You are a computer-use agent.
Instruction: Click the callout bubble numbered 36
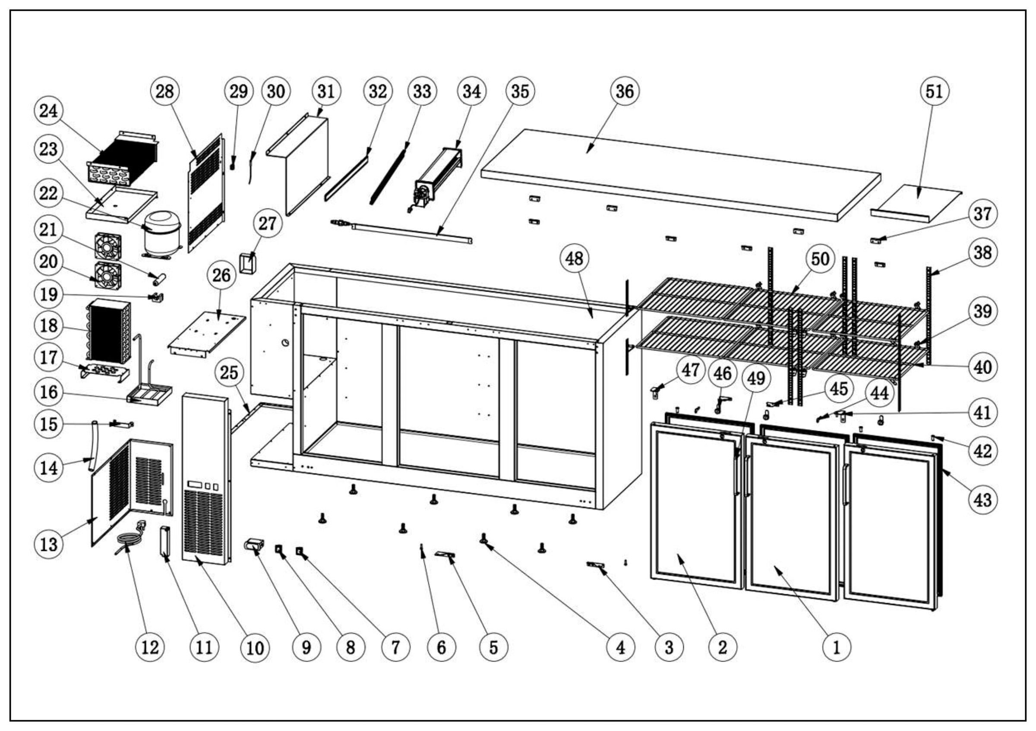click(625, 91)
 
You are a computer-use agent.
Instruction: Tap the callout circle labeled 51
click(934, 91)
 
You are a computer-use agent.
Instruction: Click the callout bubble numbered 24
click(49, 110)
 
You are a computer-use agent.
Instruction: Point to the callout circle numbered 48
click(574, 258)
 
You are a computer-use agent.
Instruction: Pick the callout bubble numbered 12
click(150, 648)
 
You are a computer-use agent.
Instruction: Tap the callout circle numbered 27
click(267, 223)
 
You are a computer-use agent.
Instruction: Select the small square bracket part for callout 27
click(248, 263)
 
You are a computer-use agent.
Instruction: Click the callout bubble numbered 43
click(983, 500)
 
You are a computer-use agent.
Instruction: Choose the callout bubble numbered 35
click(520, 91)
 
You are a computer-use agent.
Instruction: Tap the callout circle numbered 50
click(820, 259)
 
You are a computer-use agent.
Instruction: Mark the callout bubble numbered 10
click(255, 648)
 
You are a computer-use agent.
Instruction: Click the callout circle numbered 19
click(49, 294)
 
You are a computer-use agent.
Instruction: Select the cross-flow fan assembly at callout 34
click(438, 180)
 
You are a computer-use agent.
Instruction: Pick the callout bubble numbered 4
click(620, 648)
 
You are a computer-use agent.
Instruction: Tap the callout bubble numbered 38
click(983, 252)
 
